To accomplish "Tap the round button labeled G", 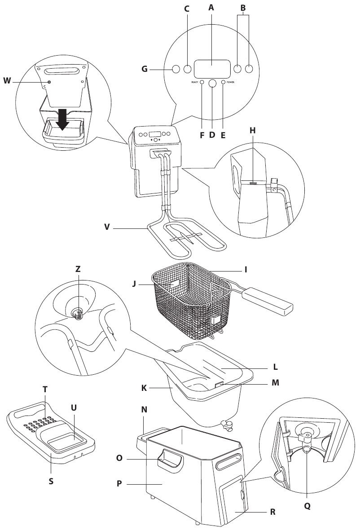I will coord(176,69).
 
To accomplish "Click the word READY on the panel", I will coord(195,83).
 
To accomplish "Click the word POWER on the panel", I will coord(231,83).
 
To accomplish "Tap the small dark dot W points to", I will coord(49,82).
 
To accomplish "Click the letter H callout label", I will coord(252,130).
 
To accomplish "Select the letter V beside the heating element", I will coord(106,228).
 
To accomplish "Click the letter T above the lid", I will coord(44,390).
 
